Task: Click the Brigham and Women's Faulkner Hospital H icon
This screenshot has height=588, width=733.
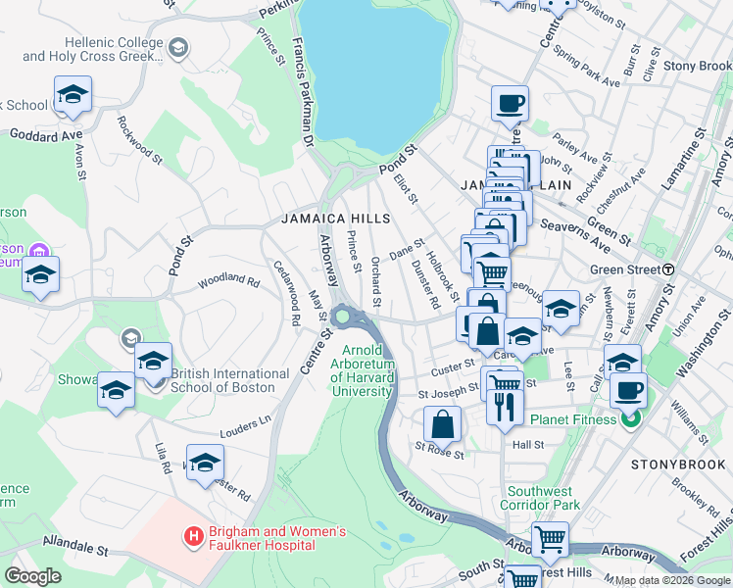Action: coord(193,537)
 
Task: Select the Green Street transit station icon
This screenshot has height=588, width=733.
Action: coord(668,269)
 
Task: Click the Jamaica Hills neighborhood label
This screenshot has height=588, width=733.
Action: coord(335,219)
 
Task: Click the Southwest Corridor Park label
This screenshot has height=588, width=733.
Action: coord(545,498)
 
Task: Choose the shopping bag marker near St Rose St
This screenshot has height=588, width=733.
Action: coord(443,425)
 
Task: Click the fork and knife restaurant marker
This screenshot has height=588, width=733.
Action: coord(505,405)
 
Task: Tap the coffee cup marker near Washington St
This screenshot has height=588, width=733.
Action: coord(628,390)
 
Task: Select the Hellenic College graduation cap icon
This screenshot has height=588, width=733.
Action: coord(177,48)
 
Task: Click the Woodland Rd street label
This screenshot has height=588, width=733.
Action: coord(227,279)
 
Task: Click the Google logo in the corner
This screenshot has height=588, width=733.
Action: coord(32,576)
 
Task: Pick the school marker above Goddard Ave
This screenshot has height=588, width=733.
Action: coord(73,95)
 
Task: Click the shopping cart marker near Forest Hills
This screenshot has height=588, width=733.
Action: coord(550,540)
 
